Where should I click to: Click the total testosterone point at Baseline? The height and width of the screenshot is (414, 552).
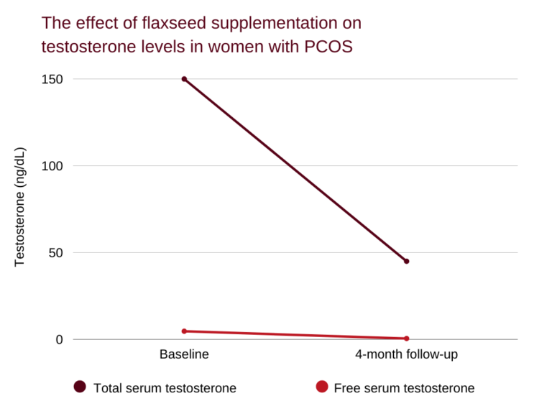click(184, 79)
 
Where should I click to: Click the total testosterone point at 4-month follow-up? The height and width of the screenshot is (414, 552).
click(407, 261)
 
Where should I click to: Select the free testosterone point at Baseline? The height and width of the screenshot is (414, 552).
click(184, 331)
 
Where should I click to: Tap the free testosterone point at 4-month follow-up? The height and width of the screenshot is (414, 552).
click(407, 339)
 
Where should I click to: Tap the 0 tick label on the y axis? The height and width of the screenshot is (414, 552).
click(60, 339)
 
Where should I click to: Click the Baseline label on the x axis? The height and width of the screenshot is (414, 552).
click(184, 354)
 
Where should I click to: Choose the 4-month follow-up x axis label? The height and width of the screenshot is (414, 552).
click(407, 354)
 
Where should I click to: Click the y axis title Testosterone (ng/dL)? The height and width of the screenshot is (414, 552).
click(20, 207)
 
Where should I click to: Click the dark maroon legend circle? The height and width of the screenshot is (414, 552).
click(80, 387)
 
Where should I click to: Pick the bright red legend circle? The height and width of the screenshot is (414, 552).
click(321, 387)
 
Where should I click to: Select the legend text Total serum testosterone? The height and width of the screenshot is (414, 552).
click(165, 388)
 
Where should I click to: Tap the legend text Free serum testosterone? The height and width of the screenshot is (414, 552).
click(405, 388)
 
